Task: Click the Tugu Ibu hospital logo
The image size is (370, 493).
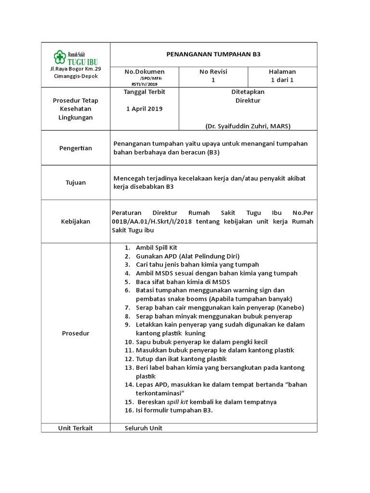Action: [76, 57]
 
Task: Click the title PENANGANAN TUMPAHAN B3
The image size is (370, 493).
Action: [213, 54]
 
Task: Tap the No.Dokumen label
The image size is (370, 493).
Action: [145, 71]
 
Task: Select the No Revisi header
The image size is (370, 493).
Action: [213, 71]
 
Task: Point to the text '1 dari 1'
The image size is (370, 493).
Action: [282, 80]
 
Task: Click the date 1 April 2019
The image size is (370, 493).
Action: [145, 109]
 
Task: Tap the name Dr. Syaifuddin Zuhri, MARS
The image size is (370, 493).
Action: [248, 126]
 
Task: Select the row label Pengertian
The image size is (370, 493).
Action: [76, 148]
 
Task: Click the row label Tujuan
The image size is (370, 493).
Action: [76, 182]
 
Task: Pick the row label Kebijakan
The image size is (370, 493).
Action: [76, 221]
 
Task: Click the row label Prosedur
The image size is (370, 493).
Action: [76, 333]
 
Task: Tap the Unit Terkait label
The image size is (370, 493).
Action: [76, 428]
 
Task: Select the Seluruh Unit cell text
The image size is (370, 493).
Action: [144, 428]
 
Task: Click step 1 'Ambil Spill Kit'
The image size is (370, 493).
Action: [157, 247]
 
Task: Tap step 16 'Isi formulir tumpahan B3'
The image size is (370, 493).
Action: [174, 410]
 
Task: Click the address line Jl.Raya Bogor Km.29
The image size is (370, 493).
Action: [76, 69]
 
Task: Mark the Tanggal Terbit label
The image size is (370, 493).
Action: [145, 91]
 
